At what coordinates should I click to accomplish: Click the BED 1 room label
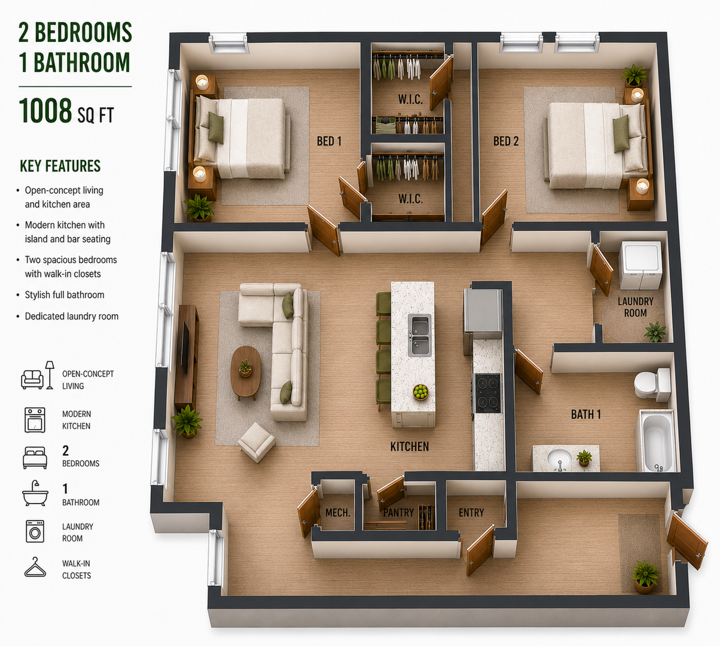329,141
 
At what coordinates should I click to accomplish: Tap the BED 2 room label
506,141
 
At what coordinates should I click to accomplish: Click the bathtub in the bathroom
658,441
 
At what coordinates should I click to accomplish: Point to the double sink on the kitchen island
420,336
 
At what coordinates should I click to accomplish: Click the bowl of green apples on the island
421,392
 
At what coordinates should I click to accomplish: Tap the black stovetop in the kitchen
487,393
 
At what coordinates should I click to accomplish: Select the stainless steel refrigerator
483,314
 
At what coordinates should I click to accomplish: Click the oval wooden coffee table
246,372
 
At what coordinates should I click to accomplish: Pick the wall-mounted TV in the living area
185,347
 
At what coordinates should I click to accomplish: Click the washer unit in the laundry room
640,265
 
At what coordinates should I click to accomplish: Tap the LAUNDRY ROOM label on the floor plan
636,307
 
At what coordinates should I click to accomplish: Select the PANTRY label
398,513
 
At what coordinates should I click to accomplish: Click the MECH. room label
338,513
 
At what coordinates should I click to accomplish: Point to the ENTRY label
471,513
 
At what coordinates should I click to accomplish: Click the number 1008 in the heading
45,111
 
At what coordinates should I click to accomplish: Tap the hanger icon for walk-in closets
35,568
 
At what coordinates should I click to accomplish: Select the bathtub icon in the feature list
35,493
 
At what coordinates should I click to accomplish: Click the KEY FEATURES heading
60,166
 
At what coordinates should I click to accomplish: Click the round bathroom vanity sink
559,459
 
